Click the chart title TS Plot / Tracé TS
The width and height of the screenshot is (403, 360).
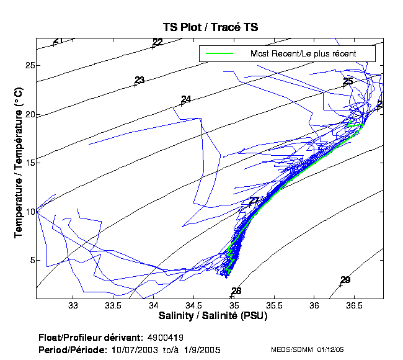point(210,27)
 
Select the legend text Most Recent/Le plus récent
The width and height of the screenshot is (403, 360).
point(303,54)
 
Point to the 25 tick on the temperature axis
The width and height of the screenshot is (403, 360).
point(29,65)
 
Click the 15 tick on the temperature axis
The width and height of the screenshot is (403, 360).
point(29,163)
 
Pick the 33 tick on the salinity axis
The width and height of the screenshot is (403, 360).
point(73,305)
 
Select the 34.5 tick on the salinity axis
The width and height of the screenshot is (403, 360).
point(193,305)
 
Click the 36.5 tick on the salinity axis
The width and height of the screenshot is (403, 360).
point(354,305)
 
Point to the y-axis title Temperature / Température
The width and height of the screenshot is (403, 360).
point(19,163)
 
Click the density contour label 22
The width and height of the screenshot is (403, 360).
point(157,42)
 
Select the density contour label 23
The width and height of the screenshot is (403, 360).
point(139,80)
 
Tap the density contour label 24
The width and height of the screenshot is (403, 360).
point(186,99)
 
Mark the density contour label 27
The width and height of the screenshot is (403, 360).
point(254,201)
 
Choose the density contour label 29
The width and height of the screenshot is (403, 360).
point(345,280)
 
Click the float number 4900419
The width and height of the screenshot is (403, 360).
point(166,338)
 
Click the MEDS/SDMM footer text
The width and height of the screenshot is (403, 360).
point(294,350)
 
